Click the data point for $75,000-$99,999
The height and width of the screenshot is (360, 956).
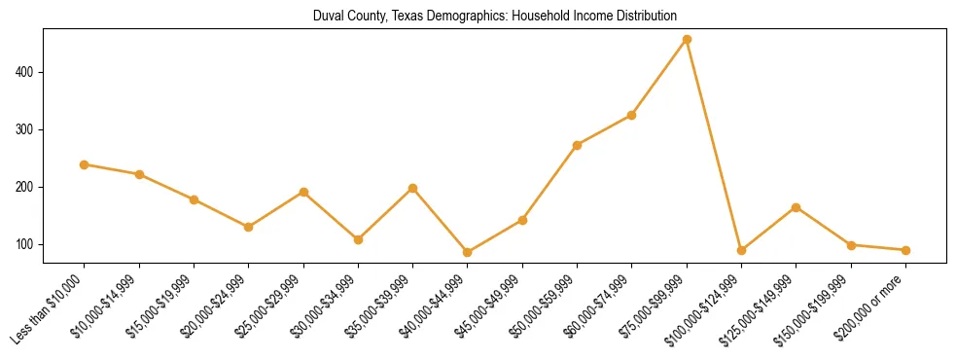pyautogui.click(x=687, y=39)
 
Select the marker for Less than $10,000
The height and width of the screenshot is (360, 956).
pyautogui.click(x=85, y=164)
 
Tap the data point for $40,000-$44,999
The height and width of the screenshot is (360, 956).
pyautogui.click(x=468, y=252)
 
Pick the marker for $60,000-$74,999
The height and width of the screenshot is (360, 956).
pyautogui.click(x=632, y=115)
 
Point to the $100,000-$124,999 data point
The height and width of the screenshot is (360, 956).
pyautogui.click(x=741, y=250)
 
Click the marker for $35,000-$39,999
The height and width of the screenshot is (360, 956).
pyautogui.click(x=412, y=188)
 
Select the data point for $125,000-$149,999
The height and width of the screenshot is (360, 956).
pyautogui.click(x=797, y=207)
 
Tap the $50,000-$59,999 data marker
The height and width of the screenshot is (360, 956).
pyautogui.click(x=577, y=145)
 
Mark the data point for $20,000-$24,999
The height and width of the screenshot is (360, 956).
pyautogui.click(x=249, y=227)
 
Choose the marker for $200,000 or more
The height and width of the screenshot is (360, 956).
pyautogui.click(x=905, y=250)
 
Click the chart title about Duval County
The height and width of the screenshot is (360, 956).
pyautogui.click(x=495, y=17)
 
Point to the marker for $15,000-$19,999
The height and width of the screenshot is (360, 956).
pyautogui.click(x=194, y=199)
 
